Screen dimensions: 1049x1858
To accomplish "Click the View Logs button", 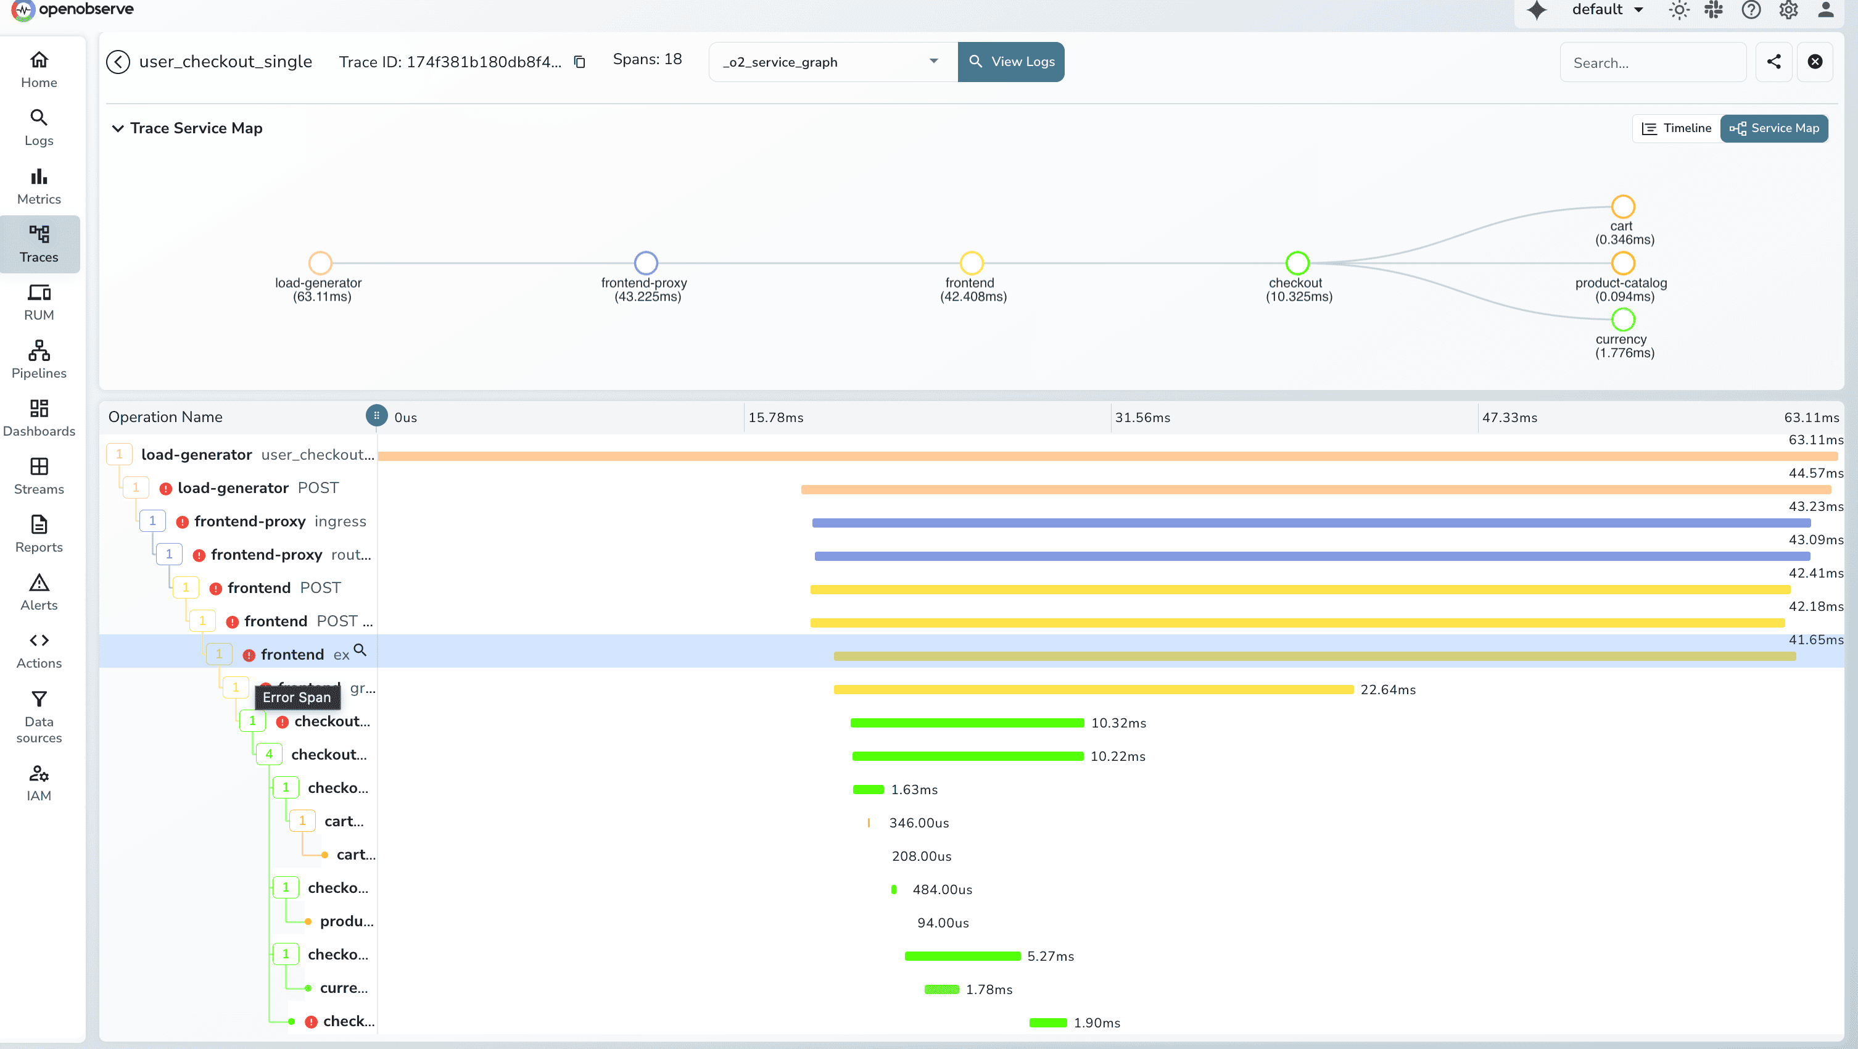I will [1010, 62].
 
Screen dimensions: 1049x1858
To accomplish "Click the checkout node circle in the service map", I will [1297, 263].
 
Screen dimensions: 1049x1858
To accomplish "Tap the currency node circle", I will [1622, 319].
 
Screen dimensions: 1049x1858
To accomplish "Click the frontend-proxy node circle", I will [645, 263].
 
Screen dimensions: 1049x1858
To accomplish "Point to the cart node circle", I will [1622, 206].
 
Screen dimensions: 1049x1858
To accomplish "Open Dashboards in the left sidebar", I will [39, 418].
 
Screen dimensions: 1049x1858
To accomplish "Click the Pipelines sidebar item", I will [39, 359].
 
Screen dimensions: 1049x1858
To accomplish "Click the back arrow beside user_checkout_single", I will [118, 62].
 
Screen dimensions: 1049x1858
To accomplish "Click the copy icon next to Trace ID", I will [579, 62].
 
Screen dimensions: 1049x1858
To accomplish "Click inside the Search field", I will [1652, 63].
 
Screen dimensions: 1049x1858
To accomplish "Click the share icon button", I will [1773, 62].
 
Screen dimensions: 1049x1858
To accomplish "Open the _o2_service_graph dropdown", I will [832, 62].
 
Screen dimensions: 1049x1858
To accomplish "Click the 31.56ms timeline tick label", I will [1142, 418].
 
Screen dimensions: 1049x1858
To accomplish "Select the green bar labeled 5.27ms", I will [962, 956].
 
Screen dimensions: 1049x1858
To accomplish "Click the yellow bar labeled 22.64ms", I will [1092, 690].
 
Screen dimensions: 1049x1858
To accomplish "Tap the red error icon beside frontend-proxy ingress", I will [183, 521].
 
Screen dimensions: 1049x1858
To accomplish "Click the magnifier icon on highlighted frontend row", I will [360, 650].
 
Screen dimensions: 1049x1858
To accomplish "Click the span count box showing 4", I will [268, 754].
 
